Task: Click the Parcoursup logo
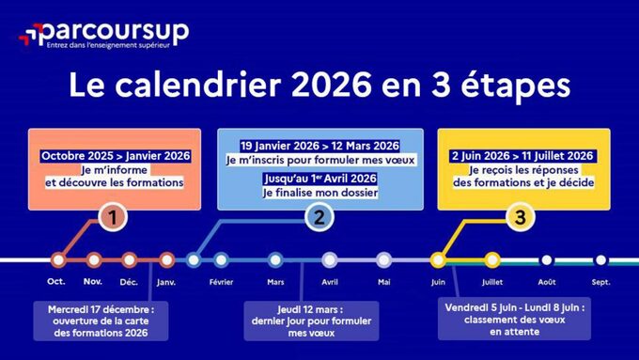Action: tap(103, 35)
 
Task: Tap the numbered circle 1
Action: tap(113, 218)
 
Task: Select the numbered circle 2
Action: tap(319, 218)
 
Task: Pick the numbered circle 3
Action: tap(519, 218)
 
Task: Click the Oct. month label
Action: tap(57, 281)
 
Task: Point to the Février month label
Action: tap(221, 281)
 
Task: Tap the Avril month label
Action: tap(330, 281)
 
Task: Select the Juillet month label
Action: tap(491, 281)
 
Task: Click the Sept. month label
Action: tap(600, 281)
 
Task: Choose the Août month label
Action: tap(546, 281)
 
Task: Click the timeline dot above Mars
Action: tap(275, 259)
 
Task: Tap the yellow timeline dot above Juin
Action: tap(438, 259)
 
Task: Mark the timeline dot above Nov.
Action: tap(93, 259)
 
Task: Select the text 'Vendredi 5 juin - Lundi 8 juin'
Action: tap(514, 305)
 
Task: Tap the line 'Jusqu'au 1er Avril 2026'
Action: tap(319, 178)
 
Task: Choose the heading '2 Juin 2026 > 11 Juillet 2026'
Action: tap(522, 155)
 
